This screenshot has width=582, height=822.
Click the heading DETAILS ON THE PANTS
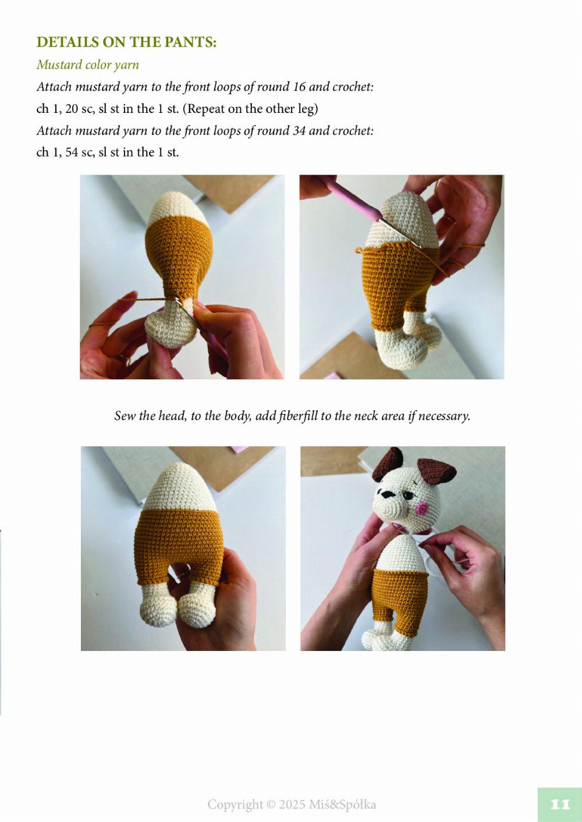click(126, 42)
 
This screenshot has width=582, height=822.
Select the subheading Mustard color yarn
click(88, 65)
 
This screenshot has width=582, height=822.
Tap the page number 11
click(560, 805)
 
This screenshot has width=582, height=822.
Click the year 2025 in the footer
click(292, 805)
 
